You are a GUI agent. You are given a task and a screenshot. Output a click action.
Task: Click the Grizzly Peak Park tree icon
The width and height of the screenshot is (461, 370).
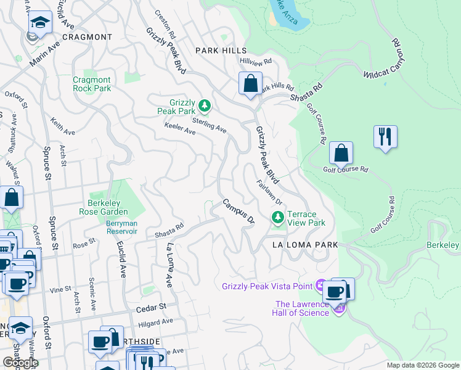point(204,106)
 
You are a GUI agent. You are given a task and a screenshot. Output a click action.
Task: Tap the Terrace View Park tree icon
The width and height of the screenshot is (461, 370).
point(278,217)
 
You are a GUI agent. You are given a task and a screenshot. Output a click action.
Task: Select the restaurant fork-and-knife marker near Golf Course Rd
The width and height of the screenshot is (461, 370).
point(385,136)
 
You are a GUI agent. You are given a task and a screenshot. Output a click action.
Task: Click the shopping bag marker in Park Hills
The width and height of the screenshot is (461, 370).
point(250,84)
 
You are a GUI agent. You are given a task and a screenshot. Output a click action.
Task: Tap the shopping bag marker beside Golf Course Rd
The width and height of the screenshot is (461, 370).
point(341,153)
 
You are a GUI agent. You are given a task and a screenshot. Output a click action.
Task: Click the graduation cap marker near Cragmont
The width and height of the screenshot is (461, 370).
point(40,24)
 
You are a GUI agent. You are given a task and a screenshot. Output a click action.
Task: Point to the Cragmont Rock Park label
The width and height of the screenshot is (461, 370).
point(92,84)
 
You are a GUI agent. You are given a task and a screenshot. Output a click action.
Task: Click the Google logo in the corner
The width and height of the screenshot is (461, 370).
point(20,362)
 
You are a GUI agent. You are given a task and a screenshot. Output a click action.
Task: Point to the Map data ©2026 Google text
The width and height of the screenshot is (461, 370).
point(423,365)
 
